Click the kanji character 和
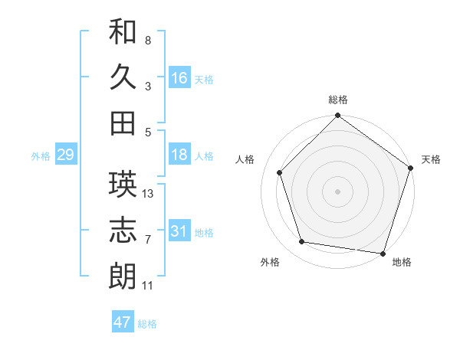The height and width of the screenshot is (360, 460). [x=123, y=32]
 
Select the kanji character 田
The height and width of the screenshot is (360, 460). [x=123, y=123]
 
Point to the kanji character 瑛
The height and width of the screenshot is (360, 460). [x=123, y=185]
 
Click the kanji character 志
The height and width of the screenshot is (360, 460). [x=123, y=231]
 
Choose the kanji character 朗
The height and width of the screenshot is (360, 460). [x=123, y=276]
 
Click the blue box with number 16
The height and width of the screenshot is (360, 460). [x=179, y=77]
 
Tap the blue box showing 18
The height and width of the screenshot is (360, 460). [x=179, y=155]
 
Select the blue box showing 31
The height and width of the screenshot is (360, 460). [x=179, y=231]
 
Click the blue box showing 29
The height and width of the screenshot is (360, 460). [x=65, y=155]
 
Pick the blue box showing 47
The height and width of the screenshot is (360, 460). [x=123, y=322]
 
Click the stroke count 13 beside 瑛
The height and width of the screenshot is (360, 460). [x=149, y=194]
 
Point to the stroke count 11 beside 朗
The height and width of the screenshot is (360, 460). [x=148, y=286]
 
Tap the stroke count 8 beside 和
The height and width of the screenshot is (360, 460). [x=148, y=40]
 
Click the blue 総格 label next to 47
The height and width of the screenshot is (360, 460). [x=147, y=324]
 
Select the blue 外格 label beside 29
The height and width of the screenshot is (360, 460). [x=41, y=156]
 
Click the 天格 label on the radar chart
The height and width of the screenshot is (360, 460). [x=431, y=159]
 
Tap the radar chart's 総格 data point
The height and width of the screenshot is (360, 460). [x=337, y=117]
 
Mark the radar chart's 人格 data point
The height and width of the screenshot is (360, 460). [x=280, y=172]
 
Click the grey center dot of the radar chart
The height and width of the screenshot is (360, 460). [x=337, y=191]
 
